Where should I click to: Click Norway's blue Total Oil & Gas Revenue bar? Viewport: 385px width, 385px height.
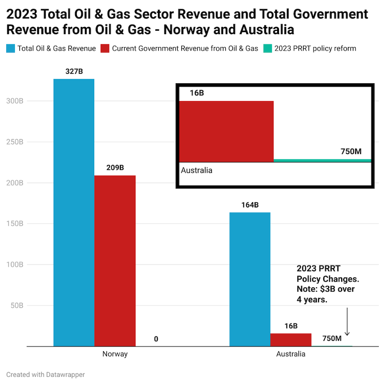pyautogui.click(x=74, y=212)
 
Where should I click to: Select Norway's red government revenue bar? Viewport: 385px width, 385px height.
pyautogui.click(x=115, y=260)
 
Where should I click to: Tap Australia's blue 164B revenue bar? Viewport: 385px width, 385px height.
pyautogui.click(x=250, y=279)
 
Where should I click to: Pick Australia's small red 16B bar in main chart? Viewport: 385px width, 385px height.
pyautogui.click(x=291, y=340)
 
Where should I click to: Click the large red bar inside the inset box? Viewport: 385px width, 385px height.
pyautogui.click(x=226, y=131)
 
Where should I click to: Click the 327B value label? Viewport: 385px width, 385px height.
pyautogui.click(x=74, y=71)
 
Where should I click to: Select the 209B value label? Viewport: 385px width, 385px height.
pyautogui.click(x=115, y=168)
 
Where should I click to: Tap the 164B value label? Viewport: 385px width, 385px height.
pyautogui.click(x=250, y=205)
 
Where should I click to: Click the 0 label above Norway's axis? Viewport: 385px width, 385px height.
pyautogui.click(x=156, y=339)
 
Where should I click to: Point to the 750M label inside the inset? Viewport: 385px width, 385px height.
pyautogui.click(x=351, y=152)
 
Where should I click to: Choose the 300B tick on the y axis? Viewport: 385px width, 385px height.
pyautogui.click(x=14, y=101)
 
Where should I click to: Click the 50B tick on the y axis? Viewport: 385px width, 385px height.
pyautogui.click(x=16, y=306)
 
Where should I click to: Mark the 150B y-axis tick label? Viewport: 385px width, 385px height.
pyautogui.click(x=14, y=224)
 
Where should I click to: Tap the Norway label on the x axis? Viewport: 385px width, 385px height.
pyautogui.click(x=115, y=354)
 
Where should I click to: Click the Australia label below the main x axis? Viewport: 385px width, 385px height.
pyautogui.click(x=291, y=354)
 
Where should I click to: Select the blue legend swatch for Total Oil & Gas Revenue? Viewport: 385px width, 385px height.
pyautogui.click(x=10, y=48)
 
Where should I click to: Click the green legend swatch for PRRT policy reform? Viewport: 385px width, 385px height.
pyautogui.click(x=268, y=48)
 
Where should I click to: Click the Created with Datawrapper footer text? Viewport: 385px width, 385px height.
pyautogui.click(x=46, y=374)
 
